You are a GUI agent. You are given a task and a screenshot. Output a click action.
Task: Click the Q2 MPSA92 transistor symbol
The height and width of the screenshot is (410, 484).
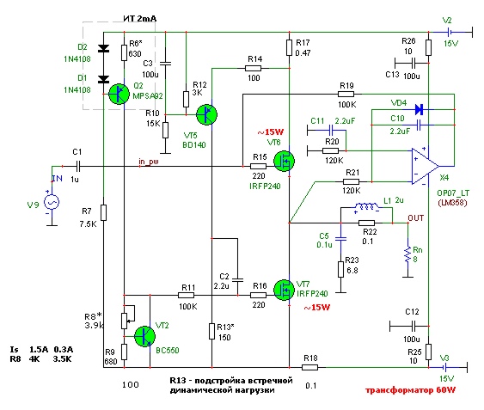[x=119, y=94]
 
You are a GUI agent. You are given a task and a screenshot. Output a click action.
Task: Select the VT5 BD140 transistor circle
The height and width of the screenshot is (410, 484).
[x=206, y=114]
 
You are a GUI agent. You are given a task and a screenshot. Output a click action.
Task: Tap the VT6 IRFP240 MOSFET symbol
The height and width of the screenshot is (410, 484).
[x=284, y=161]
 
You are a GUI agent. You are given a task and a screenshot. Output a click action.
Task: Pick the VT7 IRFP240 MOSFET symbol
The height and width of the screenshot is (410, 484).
[x=284, y=290]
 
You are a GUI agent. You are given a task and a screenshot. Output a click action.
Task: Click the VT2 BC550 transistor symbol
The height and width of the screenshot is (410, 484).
[x=144, y=336]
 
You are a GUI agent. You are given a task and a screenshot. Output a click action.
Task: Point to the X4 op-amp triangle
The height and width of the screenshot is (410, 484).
[x=426, y=167]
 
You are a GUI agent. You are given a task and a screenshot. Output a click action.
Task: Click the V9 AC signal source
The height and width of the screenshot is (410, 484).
[x=52, y=203]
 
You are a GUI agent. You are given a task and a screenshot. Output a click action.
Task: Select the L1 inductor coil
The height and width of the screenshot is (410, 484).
[x=366, y=206]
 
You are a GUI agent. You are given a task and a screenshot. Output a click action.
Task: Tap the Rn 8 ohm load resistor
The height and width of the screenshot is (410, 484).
[x=408, y=255]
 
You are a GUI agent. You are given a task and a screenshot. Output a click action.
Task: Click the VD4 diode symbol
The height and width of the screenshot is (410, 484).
[x=420, y=109]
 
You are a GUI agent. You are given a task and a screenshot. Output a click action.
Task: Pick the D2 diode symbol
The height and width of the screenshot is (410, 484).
[x=103, y=48]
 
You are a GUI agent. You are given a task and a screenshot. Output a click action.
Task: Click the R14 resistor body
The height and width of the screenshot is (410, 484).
[x=253, y=68]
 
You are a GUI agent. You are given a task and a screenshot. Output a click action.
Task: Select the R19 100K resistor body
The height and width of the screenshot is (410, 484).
[x=346, y=94]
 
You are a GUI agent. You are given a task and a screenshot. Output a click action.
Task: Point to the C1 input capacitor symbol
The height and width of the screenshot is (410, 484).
[x=78, y=167]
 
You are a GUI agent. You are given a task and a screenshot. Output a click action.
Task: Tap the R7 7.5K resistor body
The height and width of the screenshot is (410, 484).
[x=104, y=212]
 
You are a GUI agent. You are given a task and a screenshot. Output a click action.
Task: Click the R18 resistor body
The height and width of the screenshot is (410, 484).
[x=309, y=367]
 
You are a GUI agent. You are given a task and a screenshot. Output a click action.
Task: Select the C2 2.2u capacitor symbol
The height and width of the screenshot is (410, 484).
[x=237, y=280]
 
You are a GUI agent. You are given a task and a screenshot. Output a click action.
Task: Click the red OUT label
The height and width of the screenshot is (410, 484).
[x=416, y=218]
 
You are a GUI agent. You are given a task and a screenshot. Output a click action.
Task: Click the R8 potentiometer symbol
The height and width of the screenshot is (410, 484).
[x=124, y=321]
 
